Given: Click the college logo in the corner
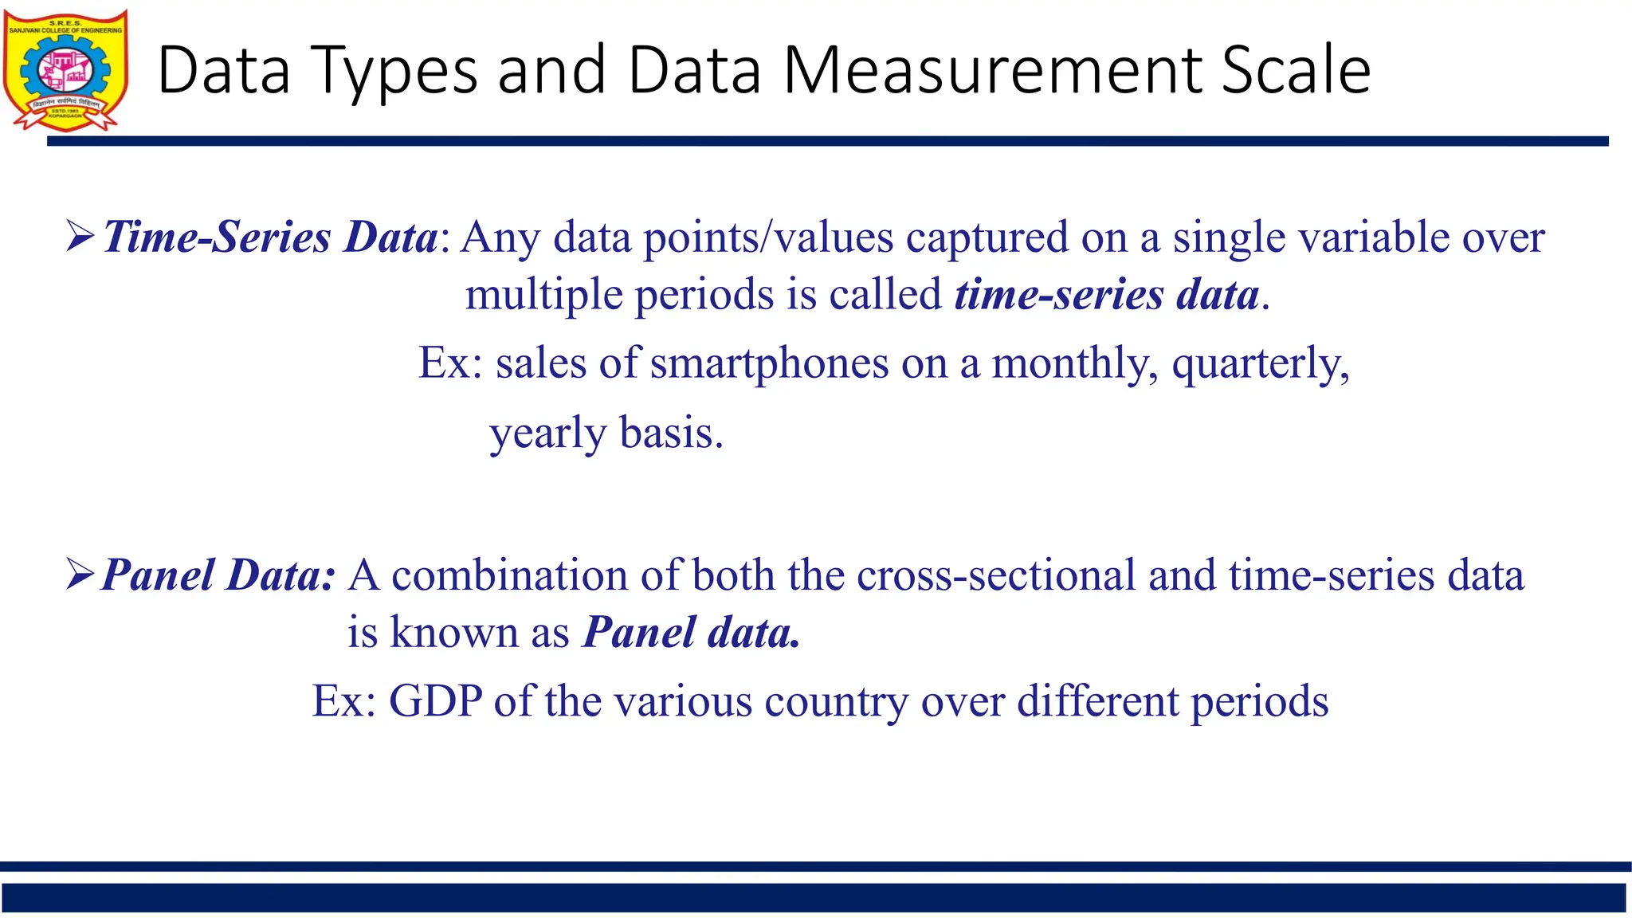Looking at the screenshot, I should (65, 70).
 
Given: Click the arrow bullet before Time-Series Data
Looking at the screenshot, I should (80, 236).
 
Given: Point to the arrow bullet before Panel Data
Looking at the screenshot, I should (80, 575).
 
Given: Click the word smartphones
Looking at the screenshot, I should (769, 363).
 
